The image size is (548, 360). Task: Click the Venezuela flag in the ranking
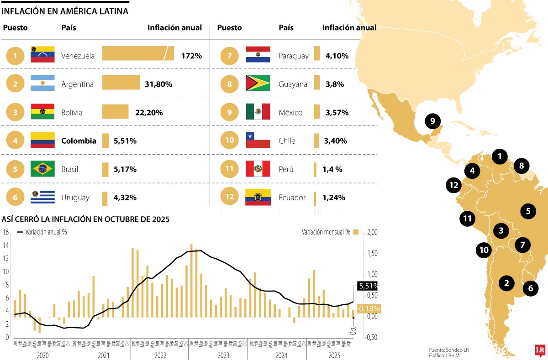(42, 54)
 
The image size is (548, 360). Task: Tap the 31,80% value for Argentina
(158, 84)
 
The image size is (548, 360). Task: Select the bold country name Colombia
(79, 141)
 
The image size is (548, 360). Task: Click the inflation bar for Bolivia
(115, 112)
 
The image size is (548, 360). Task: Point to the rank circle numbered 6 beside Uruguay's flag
(16, 198)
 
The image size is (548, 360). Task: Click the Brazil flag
(42, 169)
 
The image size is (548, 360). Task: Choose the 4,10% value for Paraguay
(337, 56)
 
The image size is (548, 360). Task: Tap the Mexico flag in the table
(258, 112)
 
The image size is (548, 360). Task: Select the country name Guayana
(293, 84)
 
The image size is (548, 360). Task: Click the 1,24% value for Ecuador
(333, 198)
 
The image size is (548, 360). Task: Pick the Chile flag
(258, 140)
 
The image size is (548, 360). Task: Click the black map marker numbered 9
(432, 121)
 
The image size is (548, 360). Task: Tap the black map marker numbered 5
(528, 211)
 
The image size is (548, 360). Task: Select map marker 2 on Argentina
(506, 283)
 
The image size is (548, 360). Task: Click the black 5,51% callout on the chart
(368, 286)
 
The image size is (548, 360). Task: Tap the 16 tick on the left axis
(6, 232)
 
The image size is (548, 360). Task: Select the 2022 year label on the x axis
(159, 354)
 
